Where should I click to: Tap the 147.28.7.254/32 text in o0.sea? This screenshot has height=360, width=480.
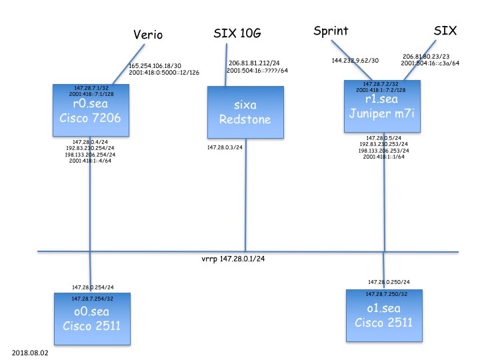(91, 297)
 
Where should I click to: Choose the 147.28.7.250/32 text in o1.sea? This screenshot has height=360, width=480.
(385, 294)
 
